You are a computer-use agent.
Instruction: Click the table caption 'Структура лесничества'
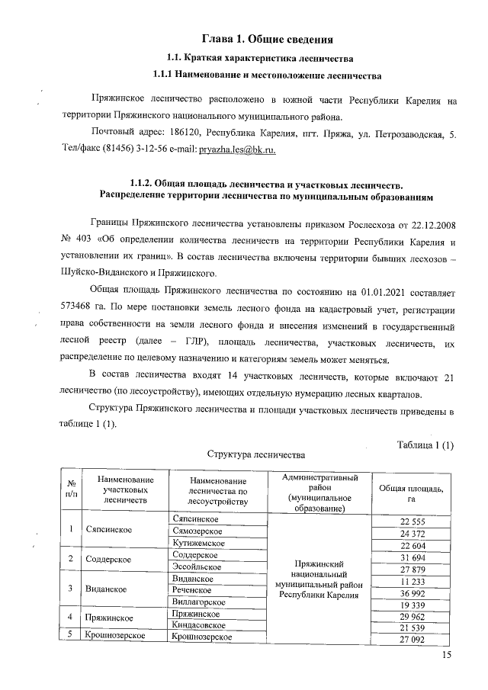tap(256, 454)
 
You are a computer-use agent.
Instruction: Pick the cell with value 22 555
tap(412, 521)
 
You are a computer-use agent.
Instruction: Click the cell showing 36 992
tap(412, 592)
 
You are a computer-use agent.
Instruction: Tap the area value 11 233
tap(412, 581)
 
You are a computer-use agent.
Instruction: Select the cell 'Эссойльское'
tap(197, 566)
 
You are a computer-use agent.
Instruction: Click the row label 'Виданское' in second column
tap(106, 589)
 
